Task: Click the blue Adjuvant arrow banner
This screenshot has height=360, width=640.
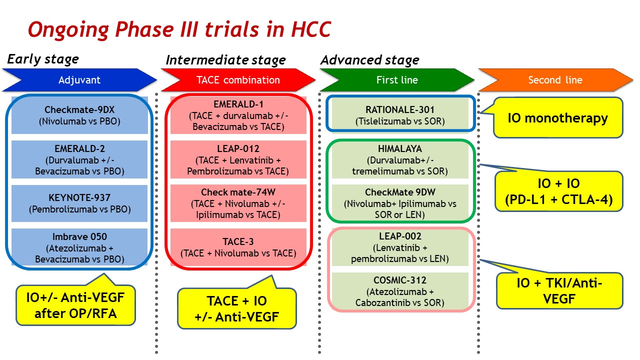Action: pyautogui.click(x=79, y=80)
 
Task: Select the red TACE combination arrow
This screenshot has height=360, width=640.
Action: pyautogui.click(x=238, y=80)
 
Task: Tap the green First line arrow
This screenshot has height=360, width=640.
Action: pyautogui.click(x=397, y=80)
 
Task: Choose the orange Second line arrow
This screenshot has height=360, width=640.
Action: pyautogui.click(x=555, y=80)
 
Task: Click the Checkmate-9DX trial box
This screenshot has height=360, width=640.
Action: pyautogui.click(x=79, y=115)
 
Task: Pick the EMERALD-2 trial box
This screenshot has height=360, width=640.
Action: pyautogui.click(x=79, y=159)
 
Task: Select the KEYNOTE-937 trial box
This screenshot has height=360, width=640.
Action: pyautogui.click(x=79, y=203)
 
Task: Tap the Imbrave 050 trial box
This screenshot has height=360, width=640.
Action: pyautogui.click(x=79, y=247)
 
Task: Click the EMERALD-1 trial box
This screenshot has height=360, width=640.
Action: pyautogui.click(x=238, y=115)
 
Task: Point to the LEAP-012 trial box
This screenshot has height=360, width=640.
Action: pyautogui.click(x=238, y=159)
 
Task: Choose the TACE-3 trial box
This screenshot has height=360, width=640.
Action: pyautogui.click(x=238, y=247)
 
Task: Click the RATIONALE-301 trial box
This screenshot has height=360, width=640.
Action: pyautogui.click(x=400, y=115)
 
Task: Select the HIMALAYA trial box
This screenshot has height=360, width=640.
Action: pyautogui.click(x=400, y=159)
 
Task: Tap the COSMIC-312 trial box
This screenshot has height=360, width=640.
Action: pyautogui.click(x=400, y=291)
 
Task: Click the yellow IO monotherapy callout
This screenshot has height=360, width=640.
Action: pyautogui.click(x=557, y=117)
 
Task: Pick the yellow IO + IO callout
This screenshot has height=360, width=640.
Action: pyautogui.click(x=559, y=191)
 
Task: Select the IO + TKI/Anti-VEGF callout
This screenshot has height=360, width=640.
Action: pyautogui.click(x=559, y=291)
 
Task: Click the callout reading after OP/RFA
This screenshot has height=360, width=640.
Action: pyautogui.click(x=75, y=305)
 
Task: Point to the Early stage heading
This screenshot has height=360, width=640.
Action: pyautogui.click(x=43, y=59)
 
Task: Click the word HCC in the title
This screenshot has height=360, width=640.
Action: pyautogui.click(x=311, y=29)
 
